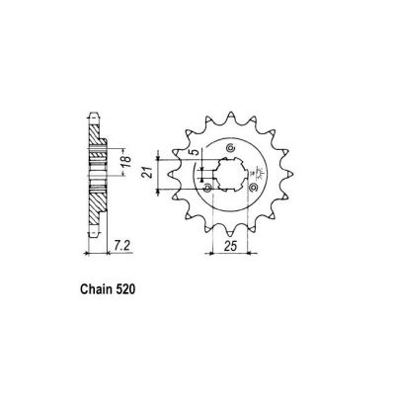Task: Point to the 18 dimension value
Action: coord(125,165)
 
